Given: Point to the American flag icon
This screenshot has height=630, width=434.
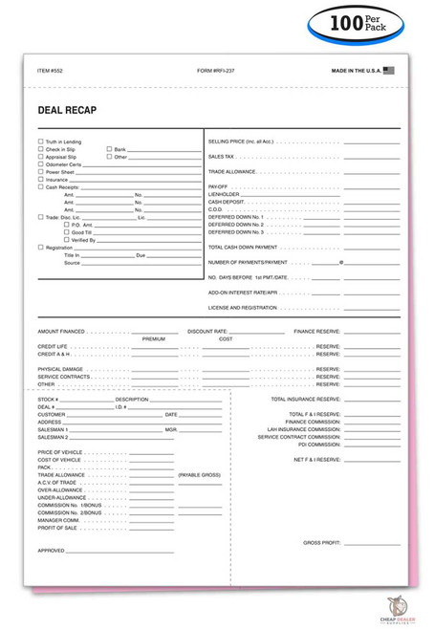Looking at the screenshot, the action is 387,70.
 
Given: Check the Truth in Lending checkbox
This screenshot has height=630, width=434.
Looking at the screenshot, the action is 40,141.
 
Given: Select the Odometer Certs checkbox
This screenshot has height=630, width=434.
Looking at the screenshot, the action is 40,164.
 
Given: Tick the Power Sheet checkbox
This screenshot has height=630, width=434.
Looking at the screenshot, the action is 40,172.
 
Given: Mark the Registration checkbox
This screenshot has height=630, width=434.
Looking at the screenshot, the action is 40,248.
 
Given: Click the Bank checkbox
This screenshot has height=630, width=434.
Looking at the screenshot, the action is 109,149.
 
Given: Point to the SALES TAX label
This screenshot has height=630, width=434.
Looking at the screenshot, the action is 222,156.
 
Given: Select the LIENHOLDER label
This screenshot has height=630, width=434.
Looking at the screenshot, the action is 225,194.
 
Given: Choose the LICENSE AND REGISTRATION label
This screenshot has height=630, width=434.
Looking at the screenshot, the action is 243,308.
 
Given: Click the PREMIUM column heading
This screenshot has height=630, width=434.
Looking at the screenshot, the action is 154,338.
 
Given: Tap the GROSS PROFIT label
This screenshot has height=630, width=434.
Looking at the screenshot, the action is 322,542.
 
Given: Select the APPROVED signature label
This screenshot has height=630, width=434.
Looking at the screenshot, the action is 52,551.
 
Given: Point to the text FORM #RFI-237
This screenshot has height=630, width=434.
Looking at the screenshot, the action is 216,70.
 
